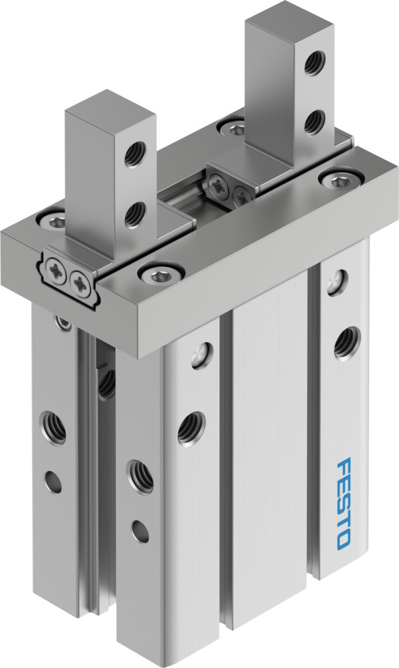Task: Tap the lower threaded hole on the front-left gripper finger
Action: (x=136, y=214)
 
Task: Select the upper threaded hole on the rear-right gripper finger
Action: (x=315, y=63)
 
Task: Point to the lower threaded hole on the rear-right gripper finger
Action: (x=315, y=122)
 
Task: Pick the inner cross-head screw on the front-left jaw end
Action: (x=80, y=282)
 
